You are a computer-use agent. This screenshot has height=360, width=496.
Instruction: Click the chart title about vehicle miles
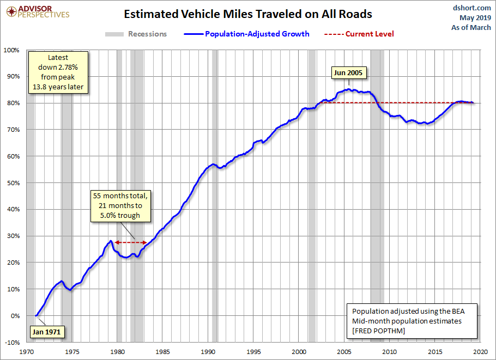point(247,14)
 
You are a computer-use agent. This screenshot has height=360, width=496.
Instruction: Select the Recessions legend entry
point(136,34)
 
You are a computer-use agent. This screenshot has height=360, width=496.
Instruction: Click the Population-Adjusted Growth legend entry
point(247,34)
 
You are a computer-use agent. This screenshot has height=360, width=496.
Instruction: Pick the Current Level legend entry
point(359,34)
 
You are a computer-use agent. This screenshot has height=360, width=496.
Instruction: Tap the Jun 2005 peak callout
point(348,72)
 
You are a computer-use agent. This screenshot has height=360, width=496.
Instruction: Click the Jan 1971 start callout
point(46,332)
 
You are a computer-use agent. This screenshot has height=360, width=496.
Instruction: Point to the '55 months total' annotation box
point(120,206)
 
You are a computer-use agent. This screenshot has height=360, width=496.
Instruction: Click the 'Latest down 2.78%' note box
point(58,72)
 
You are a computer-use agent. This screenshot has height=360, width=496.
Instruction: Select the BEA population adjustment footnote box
point(412,321)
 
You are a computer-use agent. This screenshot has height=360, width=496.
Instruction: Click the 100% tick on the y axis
point(11,50)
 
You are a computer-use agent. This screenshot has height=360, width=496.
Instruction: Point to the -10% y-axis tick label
point(13,343)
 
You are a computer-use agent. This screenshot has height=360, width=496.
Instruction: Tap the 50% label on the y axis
point(13,183)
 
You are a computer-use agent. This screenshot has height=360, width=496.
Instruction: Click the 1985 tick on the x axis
point(162,352)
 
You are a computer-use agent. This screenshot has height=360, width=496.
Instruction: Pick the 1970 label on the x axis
point(27,352)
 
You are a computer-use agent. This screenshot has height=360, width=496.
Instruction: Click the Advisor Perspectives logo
point(38,12)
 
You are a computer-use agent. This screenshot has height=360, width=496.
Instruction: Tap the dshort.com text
point(472,8)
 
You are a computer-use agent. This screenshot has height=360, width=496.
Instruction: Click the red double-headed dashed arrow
point(131,242)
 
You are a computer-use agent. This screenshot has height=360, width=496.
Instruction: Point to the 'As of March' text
point(471,27)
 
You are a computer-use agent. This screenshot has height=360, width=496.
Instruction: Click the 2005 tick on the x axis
point(344,352)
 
